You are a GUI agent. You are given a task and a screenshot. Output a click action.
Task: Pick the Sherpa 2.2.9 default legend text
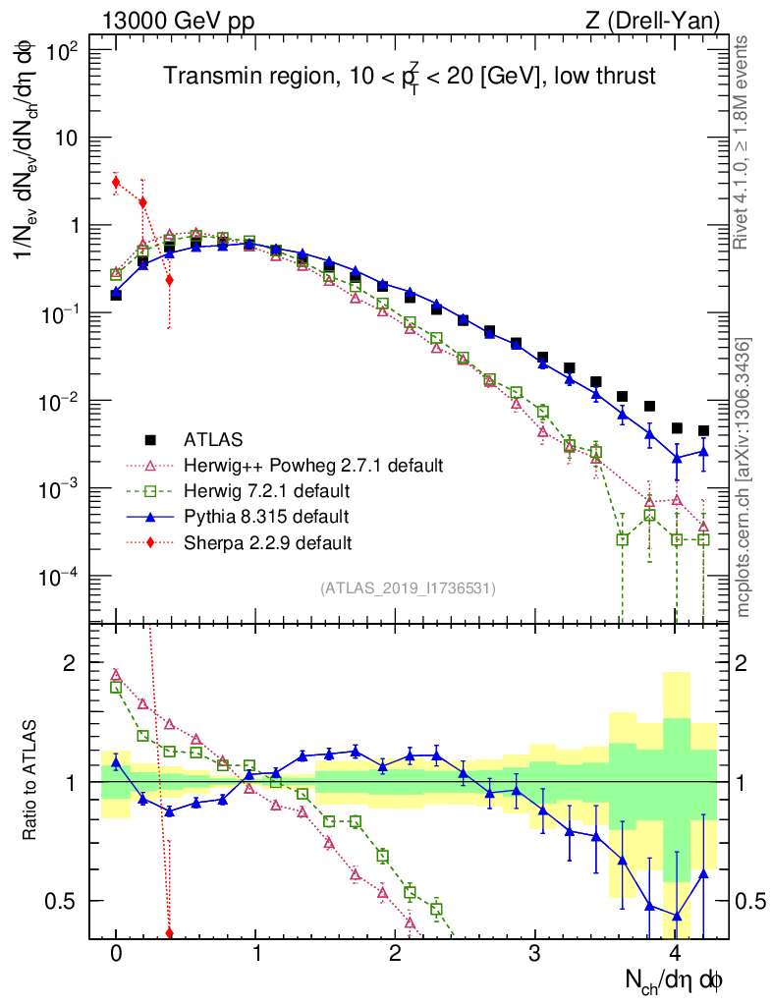click(x=268, y=541)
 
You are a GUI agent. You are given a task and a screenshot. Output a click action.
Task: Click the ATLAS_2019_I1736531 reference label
click(x=408, y=587)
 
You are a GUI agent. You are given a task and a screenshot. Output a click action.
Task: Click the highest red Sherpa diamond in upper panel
click(x=116, y=182)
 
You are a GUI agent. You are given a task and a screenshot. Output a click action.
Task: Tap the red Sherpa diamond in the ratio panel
click(x=169, y=932)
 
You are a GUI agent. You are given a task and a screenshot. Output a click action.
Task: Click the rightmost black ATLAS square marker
click(x=703, y=430)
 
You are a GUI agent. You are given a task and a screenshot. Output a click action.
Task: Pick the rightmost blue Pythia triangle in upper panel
click(x=703, y=451)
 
